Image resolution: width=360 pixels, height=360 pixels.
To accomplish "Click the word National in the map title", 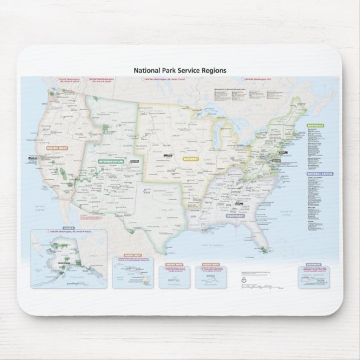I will tap(147, 70).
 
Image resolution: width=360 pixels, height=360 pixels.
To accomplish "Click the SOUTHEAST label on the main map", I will tap(235, 216).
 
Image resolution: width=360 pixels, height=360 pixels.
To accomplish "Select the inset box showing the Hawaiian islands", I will tap(133, 273).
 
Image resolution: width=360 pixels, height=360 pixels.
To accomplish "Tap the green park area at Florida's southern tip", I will tap(265, 250).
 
